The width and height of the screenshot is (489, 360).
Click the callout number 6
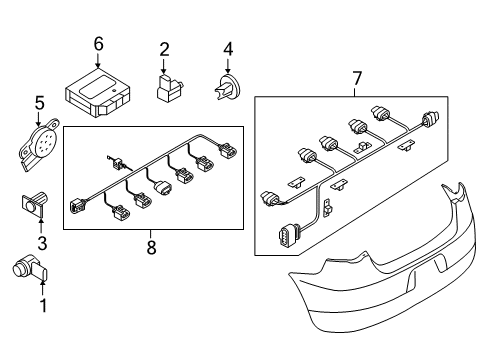[98, 44]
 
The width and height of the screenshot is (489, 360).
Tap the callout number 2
[164, 49]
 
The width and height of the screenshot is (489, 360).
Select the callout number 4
[228, 49]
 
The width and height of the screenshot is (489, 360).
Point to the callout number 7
[357, 79]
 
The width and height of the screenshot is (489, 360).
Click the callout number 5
[40, 103]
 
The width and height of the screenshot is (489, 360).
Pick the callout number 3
[42, 243]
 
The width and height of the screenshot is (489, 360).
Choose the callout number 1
[43, 305]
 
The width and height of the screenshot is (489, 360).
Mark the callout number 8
[151, 247]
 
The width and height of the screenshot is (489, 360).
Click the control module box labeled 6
[97, 93]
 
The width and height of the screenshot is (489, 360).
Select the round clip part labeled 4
[226, 87]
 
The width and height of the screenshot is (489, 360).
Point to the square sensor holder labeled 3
[34, 204]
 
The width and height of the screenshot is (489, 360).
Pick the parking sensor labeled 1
[30, 269]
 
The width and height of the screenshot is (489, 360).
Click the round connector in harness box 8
[163, 188]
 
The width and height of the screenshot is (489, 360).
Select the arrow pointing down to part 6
[98, 60]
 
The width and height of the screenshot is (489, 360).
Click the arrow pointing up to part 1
[42, 288]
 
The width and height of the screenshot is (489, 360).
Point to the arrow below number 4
[228, 66]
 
